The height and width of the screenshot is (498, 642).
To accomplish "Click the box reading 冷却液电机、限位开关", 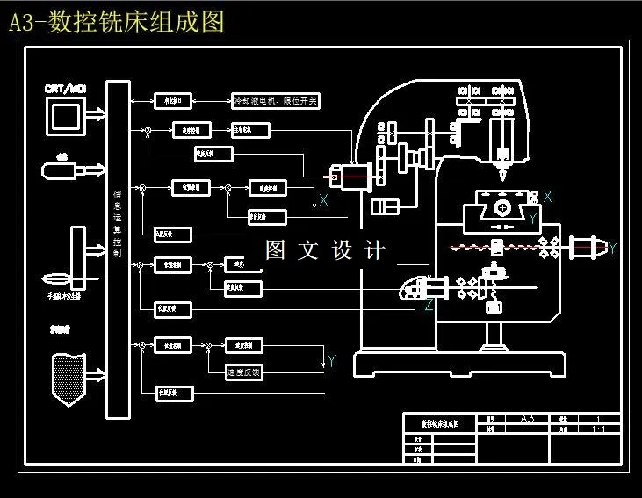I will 275,101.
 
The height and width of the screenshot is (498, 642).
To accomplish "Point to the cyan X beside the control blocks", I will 323,201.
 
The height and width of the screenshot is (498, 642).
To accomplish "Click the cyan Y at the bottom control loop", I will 331,360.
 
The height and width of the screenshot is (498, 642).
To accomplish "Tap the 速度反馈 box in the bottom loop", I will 244,372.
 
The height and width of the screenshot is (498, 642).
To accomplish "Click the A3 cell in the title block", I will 528,419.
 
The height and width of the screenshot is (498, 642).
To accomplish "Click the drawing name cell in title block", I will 439,423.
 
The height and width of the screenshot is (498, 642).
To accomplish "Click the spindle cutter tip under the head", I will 501,170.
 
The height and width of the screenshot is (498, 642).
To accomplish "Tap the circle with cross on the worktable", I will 501,208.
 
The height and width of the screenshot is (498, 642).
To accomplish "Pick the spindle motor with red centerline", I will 337,176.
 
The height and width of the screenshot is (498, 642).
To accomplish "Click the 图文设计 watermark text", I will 325,250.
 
